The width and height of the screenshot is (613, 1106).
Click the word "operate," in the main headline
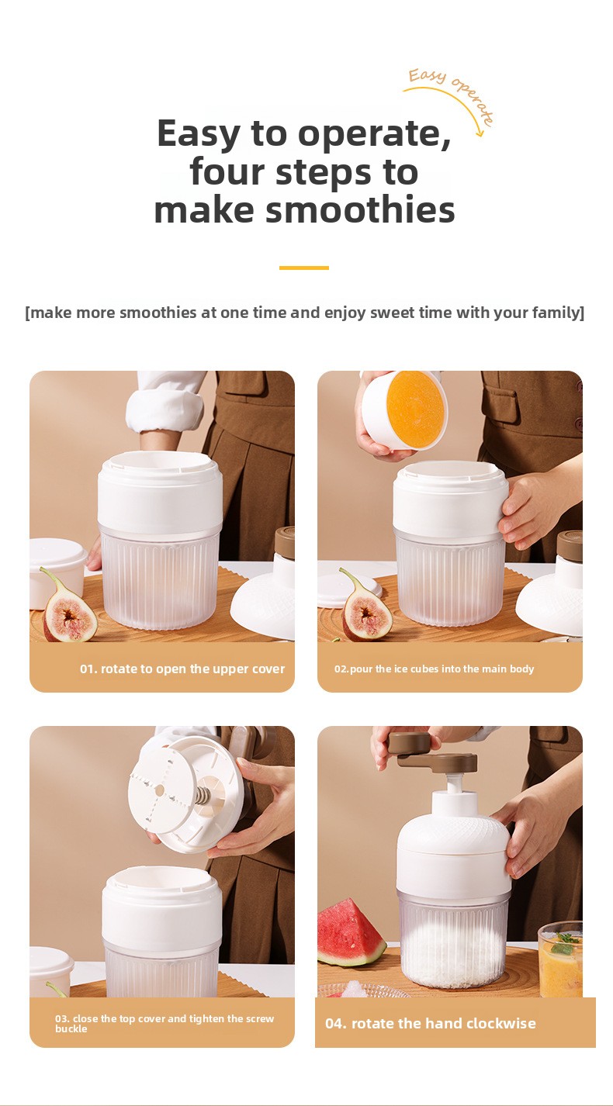pos(375,134)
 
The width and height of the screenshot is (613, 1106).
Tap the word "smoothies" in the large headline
pos(360,210)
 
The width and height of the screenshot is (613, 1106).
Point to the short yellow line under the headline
pos(303,268)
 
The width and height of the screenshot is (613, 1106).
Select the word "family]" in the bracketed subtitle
pos(558,313)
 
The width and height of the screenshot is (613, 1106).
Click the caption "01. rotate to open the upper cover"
pos(182,669)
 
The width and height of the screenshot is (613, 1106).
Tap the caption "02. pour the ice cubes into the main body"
pos(435,669)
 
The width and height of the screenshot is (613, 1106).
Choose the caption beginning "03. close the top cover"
pos(165,1024)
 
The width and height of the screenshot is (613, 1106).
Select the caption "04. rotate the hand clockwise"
pos(430,1023)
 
